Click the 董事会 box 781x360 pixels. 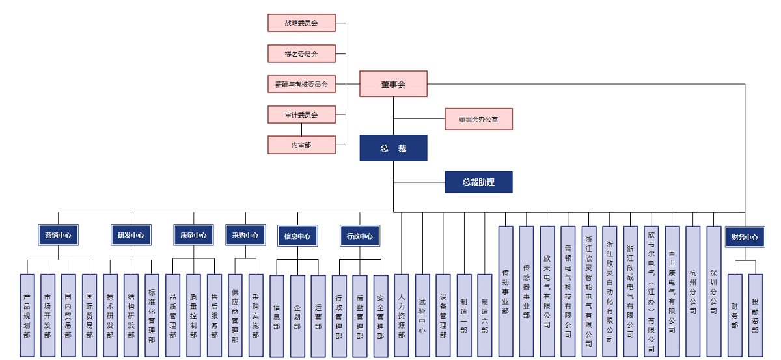(x=393, y=83)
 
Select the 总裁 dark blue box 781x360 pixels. (x=393, y=148)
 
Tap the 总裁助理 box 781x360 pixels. (x=478, y=182)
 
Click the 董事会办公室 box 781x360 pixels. (x=478, y=119)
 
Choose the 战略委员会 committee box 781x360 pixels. (x=301, y=23)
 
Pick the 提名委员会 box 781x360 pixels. (x=301, y=53)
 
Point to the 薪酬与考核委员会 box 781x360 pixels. (x=301, y=83)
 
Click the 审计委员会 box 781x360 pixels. (x=301, y=115)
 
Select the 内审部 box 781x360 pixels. (x=301, y=145)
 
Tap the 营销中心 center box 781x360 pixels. (x=58, y=235)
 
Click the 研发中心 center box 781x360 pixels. (x=131, y=235)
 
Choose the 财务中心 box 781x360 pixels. (x=745, y=237)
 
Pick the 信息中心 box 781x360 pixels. (x=297, y=236)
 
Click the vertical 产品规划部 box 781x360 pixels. (x=27, y=316)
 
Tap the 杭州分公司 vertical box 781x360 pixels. (x=692, y=291)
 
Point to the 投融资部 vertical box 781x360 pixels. (x=755, y=316)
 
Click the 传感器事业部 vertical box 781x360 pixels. (x=527, y=291)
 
